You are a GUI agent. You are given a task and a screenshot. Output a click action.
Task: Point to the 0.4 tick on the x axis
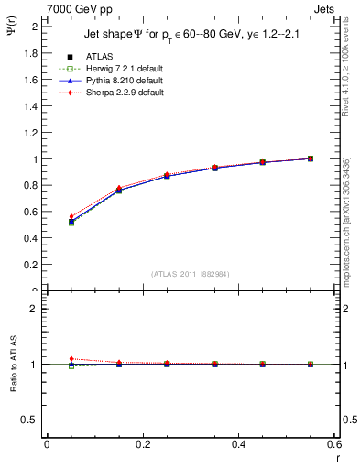click(238, 443)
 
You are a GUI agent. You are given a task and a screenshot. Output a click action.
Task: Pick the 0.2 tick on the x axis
click(142, 443)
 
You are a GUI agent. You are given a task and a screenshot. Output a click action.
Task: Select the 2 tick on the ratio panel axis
click(35, 309)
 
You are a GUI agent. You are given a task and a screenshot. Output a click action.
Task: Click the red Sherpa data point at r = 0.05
click(71, 216)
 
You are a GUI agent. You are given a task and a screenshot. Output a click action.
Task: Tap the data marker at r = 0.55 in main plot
click(311, 158)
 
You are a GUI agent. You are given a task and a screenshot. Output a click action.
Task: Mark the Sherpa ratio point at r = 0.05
click(71, 359)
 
